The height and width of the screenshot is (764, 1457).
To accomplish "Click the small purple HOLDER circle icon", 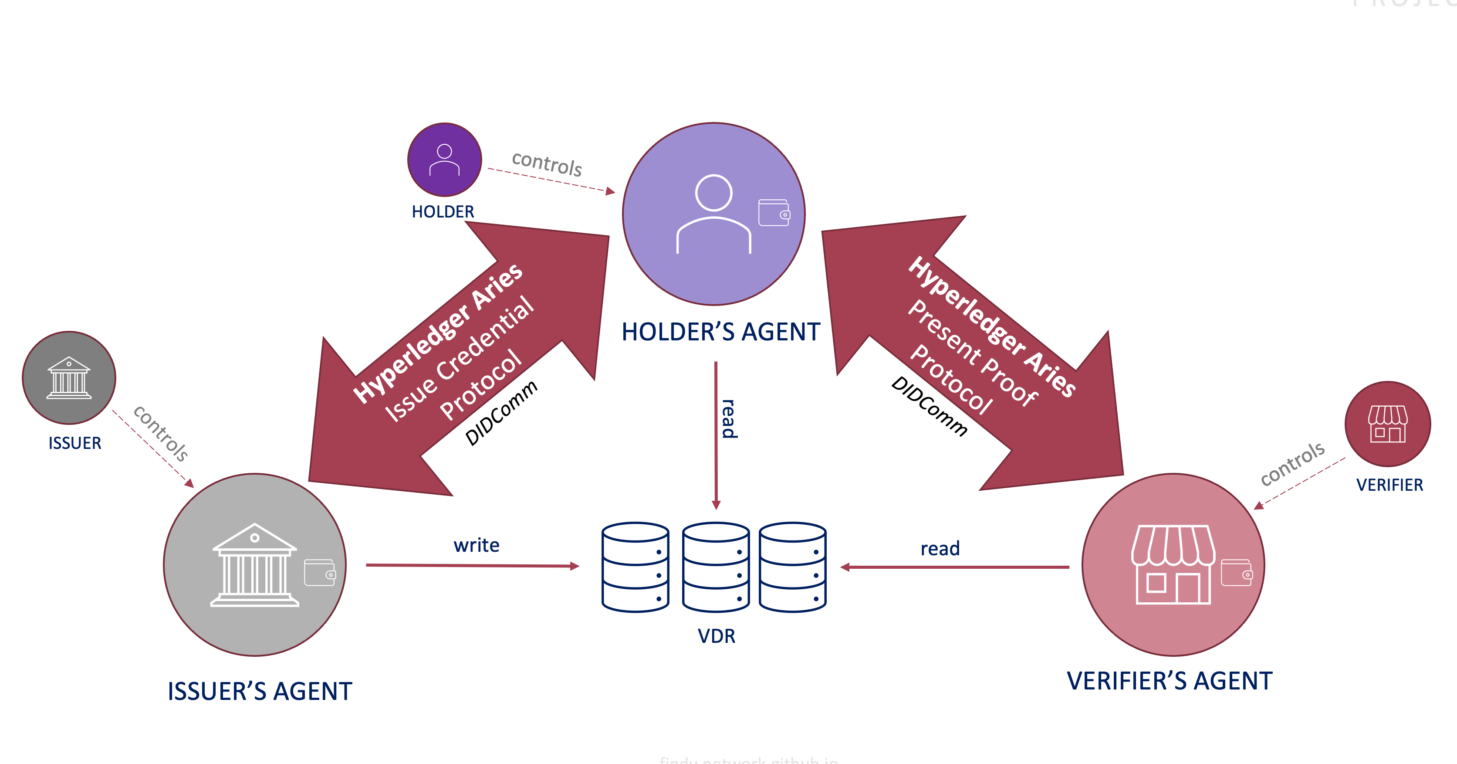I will coord(445,160).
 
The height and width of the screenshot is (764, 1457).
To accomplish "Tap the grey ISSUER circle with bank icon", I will coord(69,377).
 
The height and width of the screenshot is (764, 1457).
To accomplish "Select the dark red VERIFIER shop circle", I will coord(1387,424).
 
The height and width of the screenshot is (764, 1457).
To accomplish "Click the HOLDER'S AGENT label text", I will coord(720,332).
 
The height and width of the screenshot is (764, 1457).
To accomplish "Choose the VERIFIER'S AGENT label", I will coord(1170,681).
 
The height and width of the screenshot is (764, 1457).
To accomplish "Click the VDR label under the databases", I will coord(717,636).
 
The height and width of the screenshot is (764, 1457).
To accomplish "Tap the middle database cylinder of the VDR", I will coord(716,567).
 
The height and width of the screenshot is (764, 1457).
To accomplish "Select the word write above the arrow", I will coord(476,545).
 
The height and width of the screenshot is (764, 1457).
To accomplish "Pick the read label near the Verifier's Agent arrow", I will coord(940,548).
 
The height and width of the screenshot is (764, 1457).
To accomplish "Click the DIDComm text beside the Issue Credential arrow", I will coord(501,413).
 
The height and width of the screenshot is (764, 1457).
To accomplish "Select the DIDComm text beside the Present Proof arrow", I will coord(929,406).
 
